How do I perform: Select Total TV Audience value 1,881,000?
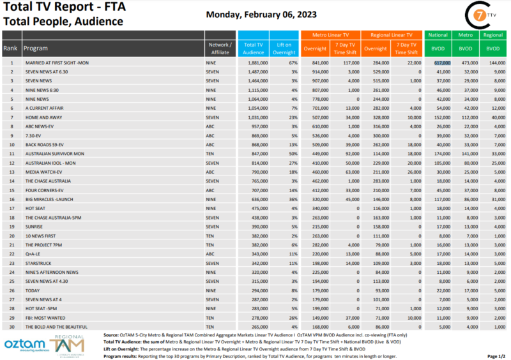[x=253, y=63]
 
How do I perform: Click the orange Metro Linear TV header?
[x=330, y=35]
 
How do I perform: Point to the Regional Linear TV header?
[x=391, y=35]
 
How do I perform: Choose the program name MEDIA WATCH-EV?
[x=43, y=172]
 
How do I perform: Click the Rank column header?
[x=10, y=48]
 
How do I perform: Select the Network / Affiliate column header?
[x=220, y=48]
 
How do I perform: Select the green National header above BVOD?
[x=438, y=35]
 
